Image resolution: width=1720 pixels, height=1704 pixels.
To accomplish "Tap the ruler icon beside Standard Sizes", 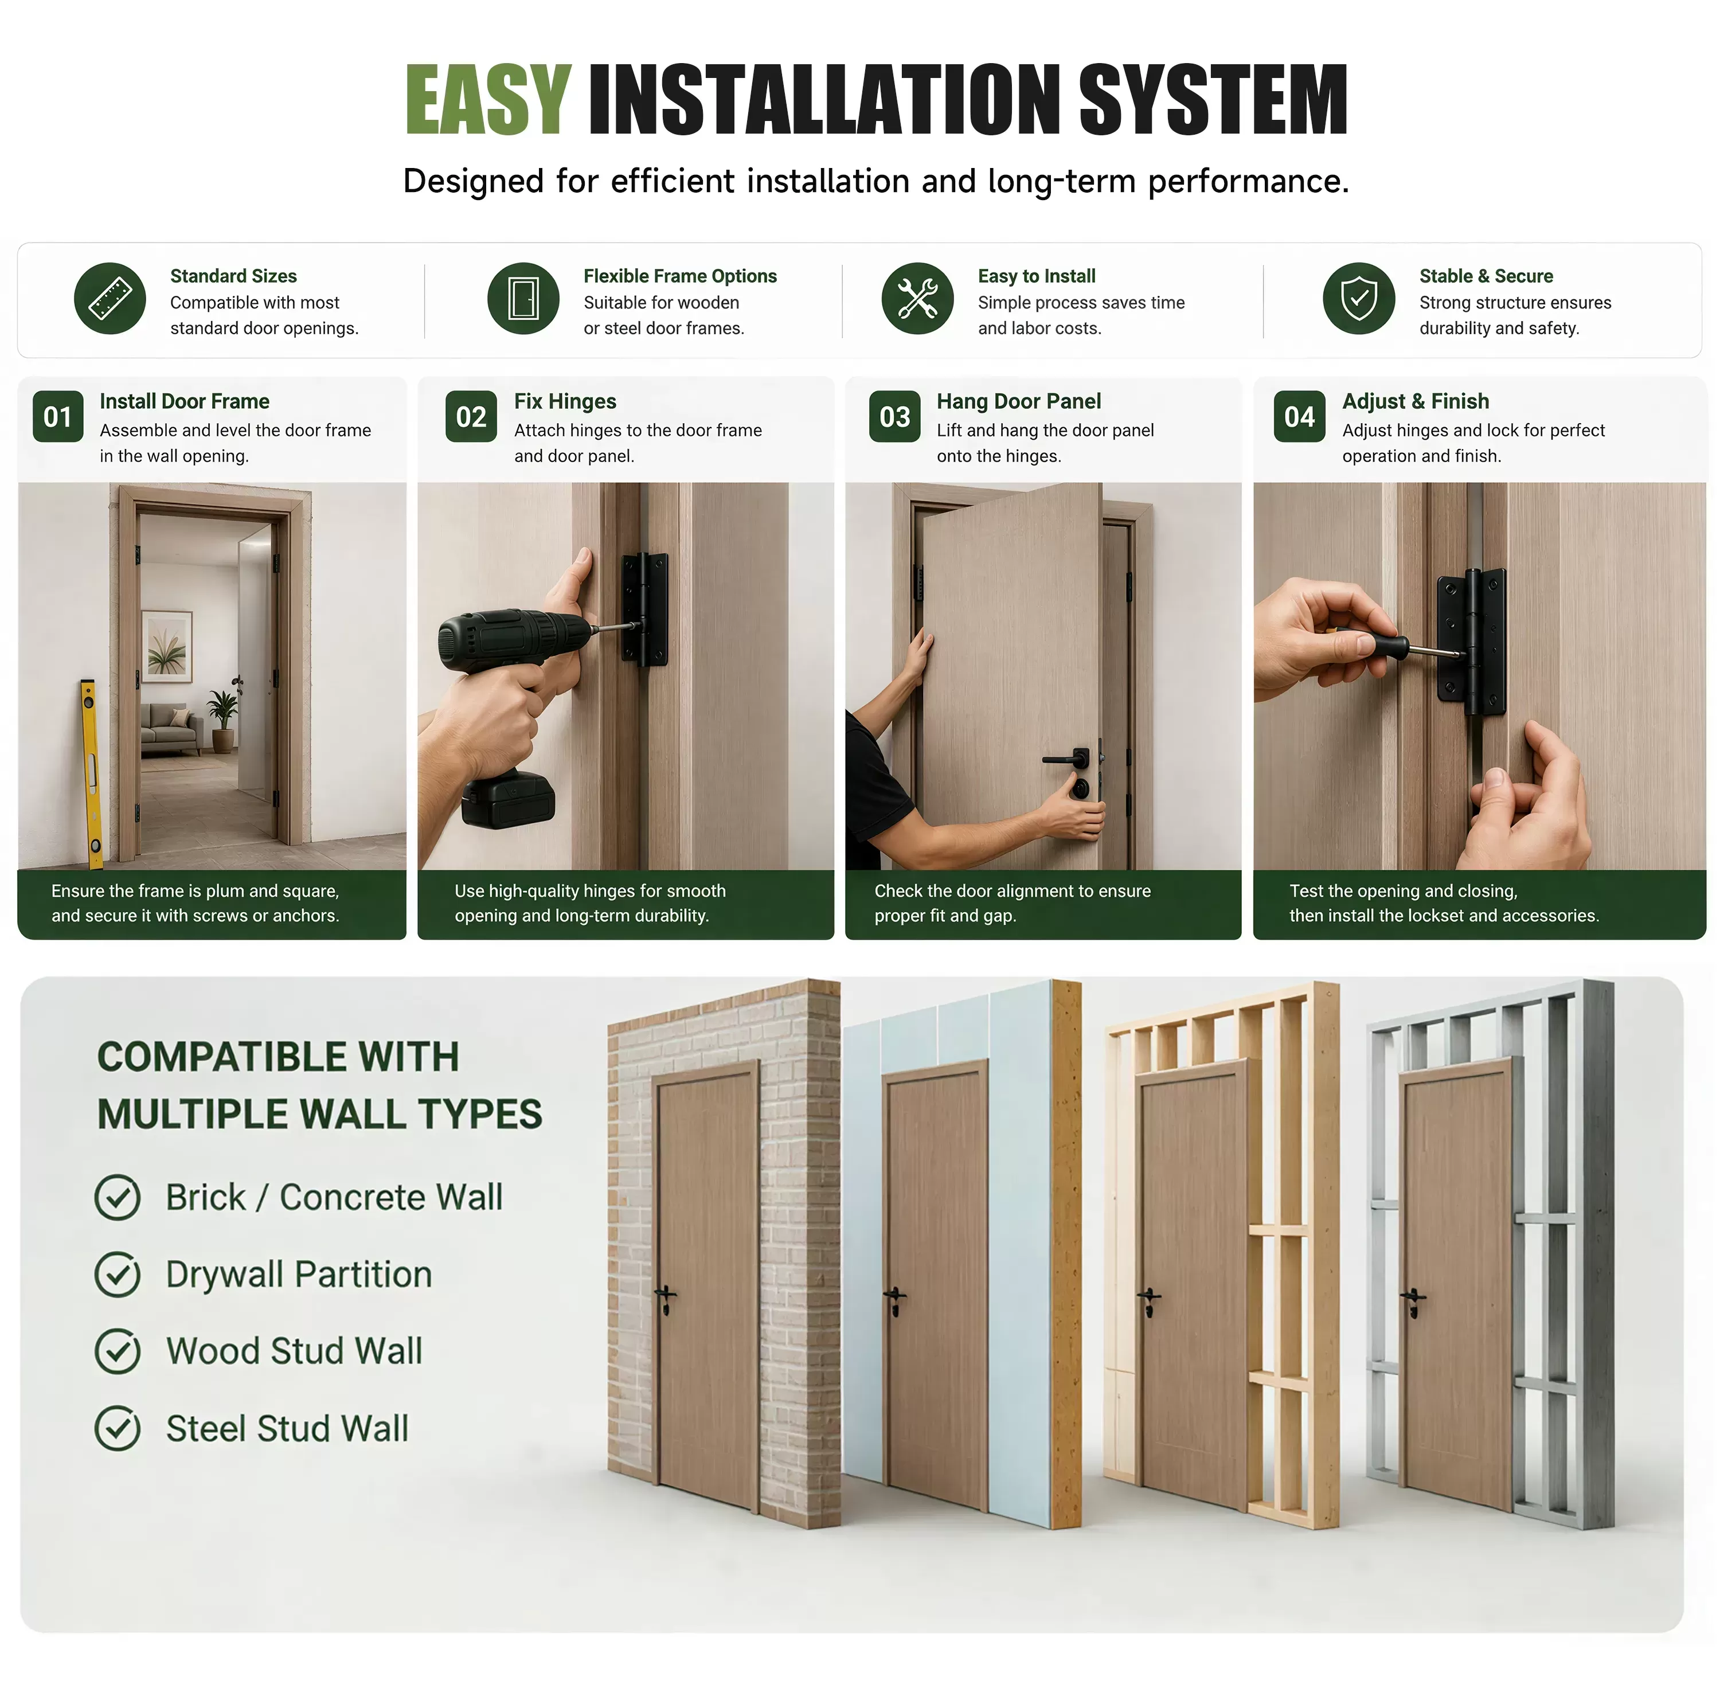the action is coord(110,298).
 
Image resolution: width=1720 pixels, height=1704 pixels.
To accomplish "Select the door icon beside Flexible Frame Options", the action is coord(523,298).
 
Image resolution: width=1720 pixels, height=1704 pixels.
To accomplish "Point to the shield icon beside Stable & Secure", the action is coord(1359,298).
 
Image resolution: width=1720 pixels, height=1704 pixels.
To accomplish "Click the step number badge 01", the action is coord(58,417).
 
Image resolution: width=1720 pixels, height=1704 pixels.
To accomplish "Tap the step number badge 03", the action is coord(895,417).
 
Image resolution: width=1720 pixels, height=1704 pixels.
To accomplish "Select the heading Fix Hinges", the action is coord(565,401).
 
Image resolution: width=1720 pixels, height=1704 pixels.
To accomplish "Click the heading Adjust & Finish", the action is coord(1416,401).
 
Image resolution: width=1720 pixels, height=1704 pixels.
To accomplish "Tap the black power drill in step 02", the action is coord(509,704).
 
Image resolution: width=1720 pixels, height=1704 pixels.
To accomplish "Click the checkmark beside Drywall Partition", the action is coord(118,1274).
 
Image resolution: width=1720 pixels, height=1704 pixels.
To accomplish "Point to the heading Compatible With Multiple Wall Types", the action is coord(319,1085).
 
